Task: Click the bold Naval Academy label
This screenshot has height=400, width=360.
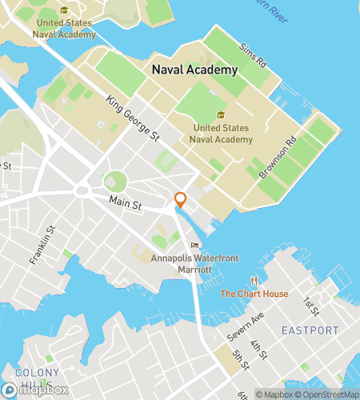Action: tap(194, 70)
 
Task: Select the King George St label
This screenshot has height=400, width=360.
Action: tap(132, 119)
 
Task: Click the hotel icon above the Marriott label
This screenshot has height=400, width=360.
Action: tap(194, 246)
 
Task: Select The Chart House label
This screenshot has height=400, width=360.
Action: tap(254, 294)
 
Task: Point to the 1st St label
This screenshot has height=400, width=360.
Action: tap(309, 306)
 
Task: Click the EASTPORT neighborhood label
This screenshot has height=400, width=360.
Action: tap(310, 330)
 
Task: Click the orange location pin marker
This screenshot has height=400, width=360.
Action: tap(180, 200)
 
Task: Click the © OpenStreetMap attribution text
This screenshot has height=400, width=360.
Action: tap(327, 394)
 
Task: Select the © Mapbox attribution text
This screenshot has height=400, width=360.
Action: tap(274, 394)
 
